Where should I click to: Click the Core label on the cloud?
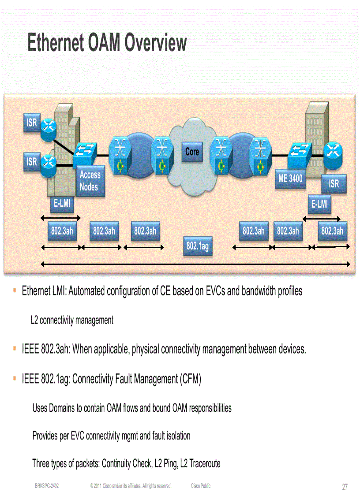click(x=192, y=152)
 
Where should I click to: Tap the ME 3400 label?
click(x=290, y=179)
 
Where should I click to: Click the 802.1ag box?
click(x=197, y=246)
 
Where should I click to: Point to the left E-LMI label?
click(x=62, y=204)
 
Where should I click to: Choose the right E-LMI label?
click(x=319, y=204)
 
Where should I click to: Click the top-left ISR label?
click(x=32, y=122)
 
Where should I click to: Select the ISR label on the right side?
click(x=334, y=183)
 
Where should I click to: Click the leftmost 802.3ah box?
click(x=61, y=231)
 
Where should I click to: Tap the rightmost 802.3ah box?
click(x=332, y=231)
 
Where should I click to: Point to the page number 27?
click(x=345, y=487)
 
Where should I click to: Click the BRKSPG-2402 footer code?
click(x=47, y=486)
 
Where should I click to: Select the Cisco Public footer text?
click(x=201, y=486)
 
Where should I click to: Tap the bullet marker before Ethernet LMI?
click(x=15, y=291)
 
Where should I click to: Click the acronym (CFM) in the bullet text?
click(x=191, y=380)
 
